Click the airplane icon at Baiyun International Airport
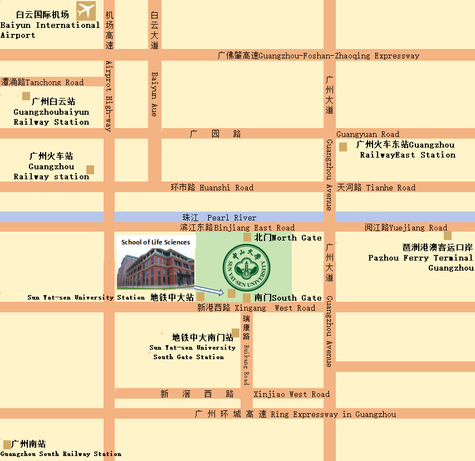[86, 9]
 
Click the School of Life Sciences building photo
[155, 269]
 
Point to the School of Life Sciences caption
[155, 242]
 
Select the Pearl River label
[219, 217]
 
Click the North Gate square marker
[247, 237]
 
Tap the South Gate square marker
[247, 297]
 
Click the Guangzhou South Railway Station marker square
[7, 444]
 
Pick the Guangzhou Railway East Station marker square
[343, 147]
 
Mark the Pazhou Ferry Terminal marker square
[448, 236]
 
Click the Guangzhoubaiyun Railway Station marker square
[26, 96]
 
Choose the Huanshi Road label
[212, 188]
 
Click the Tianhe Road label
[376, 188]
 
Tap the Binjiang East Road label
[237, 228]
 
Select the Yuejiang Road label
[406, 228]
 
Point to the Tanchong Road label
[42, 82]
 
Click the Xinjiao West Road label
[291, 394]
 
